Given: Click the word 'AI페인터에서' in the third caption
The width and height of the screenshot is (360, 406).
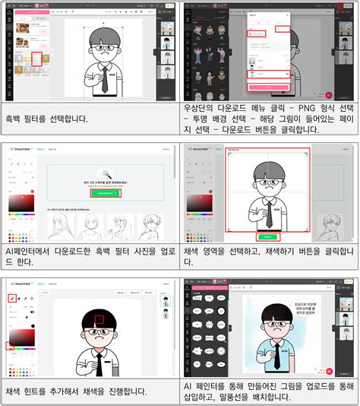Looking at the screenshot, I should [x=30, y=250].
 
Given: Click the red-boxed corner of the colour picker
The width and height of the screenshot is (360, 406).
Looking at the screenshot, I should [x=11, y=344].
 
